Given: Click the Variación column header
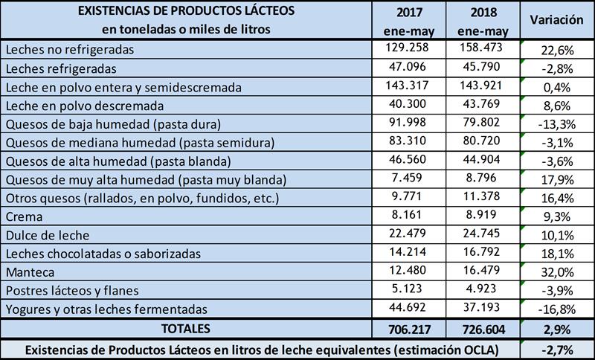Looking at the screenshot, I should [x=556, y=21].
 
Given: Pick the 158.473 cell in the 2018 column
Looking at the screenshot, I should [x=483, y=49].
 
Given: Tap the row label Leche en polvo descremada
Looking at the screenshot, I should [x=89, y=106].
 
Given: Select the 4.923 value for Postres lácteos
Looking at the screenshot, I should [x=483, y=290].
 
